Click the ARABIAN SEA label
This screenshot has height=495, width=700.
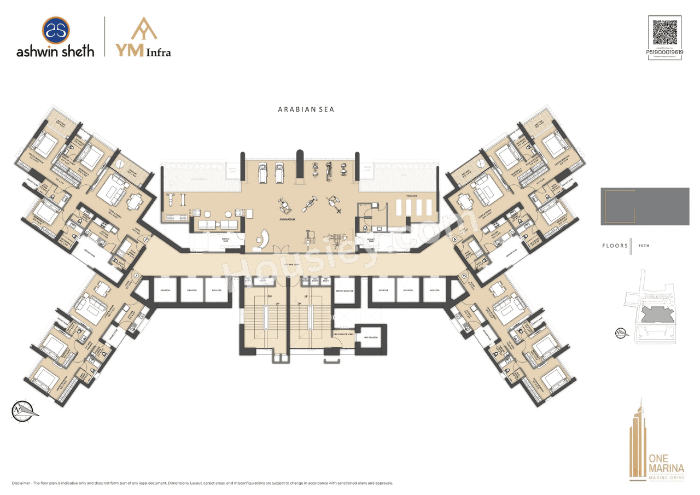pyautogui.click(x=306, y=109)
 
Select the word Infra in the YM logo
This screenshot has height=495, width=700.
pyautogui.click(x=157, y=53)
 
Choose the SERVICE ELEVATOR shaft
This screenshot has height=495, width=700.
pyautogui.click(x=343, y=290)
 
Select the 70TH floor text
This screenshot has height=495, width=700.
pyautogui.click(x=643, y=246)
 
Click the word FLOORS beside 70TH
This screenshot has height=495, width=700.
pyautogui.click(x=615, y=246)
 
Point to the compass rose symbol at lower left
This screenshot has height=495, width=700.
pyautogui.click(x=23, y=410)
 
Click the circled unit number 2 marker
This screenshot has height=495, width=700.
pyautogui.click(x=145, y=240)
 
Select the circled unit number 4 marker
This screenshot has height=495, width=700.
pyautogui.click(x=455, y=238)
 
